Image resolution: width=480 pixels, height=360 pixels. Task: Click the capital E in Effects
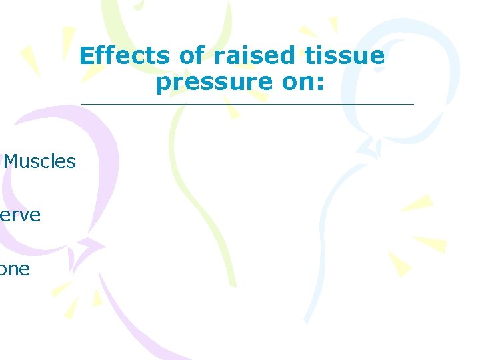coord(85,56)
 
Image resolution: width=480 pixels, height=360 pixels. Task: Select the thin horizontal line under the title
coord(247,104)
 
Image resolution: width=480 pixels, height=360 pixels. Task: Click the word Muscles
coord(40,161)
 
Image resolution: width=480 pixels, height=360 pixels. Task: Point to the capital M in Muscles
coord(12,161)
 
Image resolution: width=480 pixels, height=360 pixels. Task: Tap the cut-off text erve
coord(20,215)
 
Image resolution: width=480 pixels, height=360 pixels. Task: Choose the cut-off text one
coord(15,269)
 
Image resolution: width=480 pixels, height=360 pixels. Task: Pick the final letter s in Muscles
coord(71,162)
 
